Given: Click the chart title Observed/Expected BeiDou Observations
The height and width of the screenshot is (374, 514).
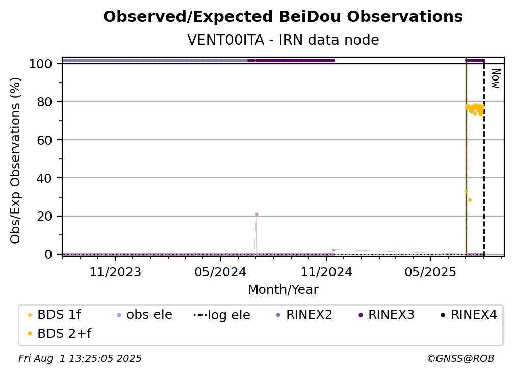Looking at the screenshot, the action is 283,17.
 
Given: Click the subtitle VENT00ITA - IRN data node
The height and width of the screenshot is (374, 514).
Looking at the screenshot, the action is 283,40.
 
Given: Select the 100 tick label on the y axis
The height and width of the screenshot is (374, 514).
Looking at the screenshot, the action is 40,64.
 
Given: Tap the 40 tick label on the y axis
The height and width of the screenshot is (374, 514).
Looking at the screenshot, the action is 44,178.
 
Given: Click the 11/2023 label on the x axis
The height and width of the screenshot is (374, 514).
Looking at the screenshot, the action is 115,272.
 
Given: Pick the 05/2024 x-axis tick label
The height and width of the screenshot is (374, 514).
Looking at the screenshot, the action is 220,272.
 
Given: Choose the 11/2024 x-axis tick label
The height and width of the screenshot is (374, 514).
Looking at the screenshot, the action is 326,272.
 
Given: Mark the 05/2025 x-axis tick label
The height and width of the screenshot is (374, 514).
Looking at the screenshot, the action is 430,272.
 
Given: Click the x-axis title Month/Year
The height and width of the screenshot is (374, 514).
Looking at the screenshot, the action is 283,290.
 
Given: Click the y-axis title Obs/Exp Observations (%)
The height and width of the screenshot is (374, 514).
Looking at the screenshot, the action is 15,161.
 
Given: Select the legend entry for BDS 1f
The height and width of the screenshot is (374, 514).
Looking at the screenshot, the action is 54,315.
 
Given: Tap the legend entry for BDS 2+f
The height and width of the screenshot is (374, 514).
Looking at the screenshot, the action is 59,334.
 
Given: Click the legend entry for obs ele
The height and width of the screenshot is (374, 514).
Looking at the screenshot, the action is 143,315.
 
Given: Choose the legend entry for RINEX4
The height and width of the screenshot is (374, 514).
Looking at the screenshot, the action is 469,315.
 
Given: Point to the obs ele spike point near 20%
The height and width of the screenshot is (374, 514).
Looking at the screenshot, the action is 256,215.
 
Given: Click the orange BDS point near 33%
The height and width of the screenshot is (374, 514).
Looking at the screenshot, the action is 466,191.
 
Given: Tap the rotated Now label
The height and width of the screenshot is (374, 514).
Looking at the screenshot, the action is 496,78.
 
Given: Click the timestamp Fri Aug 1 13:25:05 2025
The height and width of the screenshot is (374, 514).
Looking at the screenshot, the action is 80,359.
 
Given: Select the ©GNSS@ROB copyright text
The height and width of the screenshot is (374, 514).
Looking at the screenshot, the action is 460,359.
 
